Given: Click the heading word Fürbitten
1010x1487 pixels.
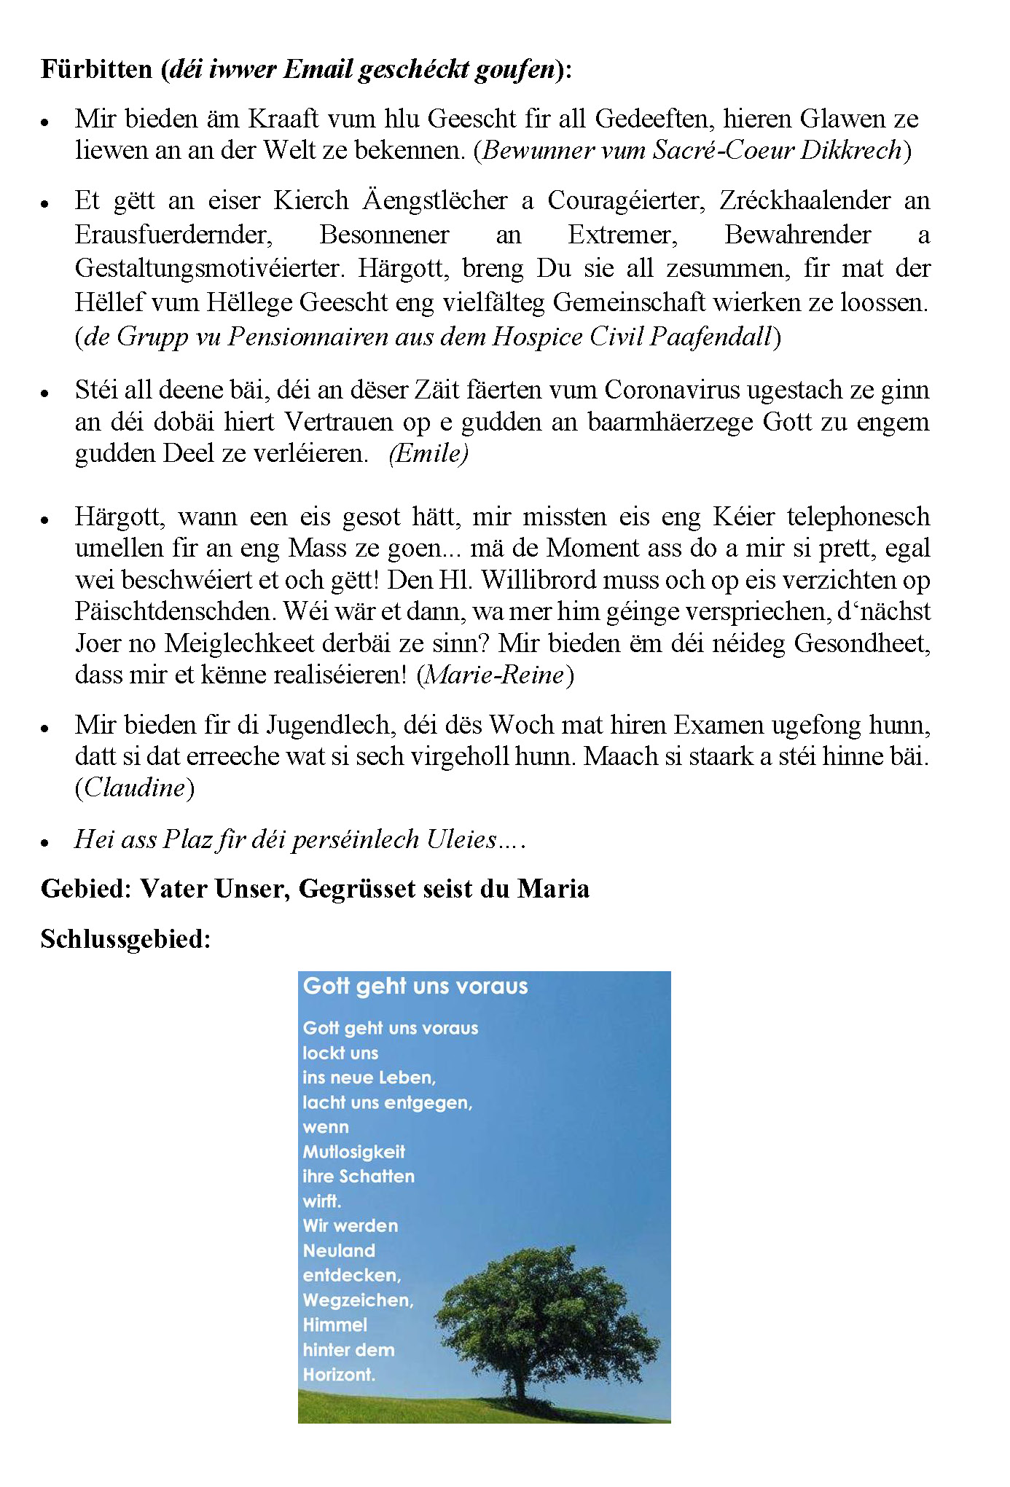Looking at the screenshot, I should tap(96, 69).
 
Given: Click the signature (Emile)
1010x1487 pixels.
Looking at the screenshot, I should tap(428, 453).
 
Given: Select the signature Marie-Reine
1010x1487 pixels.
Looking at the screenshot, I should tap(495, 675).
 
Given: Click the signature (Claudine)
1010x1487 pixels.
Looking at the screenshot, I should tap(135, 788).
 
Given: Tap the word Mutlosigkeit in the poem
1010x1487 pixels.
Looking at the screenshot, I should tap(353, 1152).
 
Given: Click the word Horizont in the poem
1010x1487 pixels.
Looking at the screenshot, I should tap(339, 1375).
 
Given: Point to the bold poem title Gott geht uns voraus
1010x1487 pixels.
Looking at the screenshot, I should tap(415, 986).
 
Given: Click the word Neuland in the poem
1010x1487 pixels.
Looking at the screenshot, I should tap(339, 1251).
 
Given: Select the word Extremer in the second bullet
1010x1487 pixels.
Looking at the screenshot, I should tap(622, 235).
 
